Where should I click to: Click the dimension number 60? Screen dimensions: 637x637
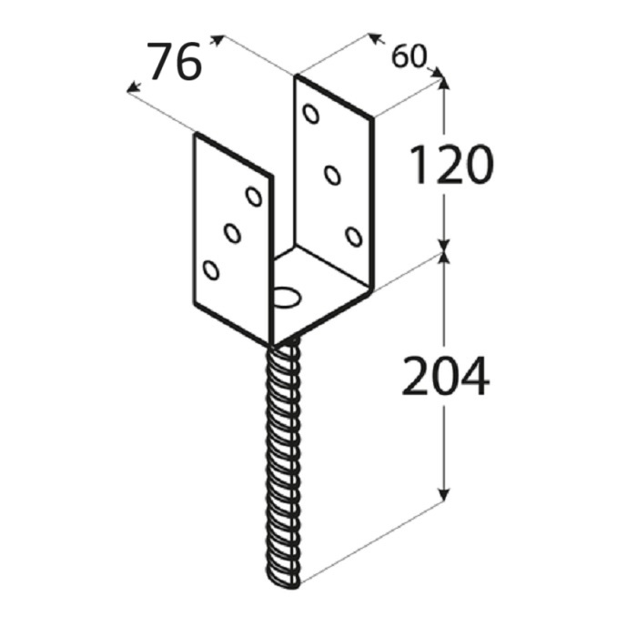[x=409, y=57]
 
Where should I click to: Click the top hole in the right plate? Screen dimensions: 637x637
[x=311, y=114]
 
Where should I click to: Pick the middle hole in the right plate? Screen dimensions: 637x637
[x=333, y=174]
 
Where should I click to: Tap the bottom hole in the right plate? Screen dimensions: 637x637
[x=354, y=237]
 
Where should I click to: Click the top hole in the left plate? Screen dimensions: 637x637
[x=254, y=196]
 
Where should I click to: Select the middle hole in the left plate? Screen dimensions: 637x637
[x=232, y=233]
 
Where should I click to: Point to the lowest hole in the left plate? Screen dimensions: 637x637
[x=211, y=269]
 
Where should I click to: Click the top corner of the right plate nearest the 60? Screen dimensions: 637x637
[x=371, y=116]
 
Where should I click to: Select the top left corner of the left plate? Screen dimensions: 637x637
[x=194, y=136]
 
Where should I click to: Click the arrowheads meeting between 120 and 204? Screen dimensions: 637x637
[x=444, y=248]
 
